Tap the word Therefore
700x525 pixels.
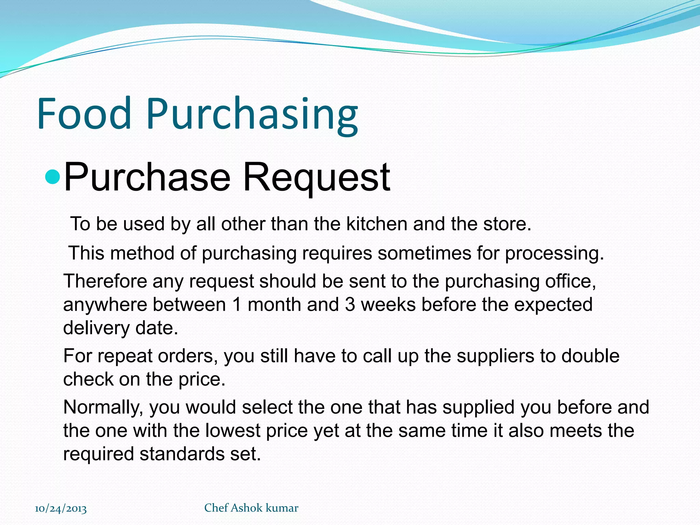point(105,281)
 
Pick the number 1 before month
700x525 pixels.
point(237,305)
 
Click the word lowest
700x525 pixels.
point(233,430)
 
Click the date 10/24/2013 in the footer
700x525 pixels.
point(61,508)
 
